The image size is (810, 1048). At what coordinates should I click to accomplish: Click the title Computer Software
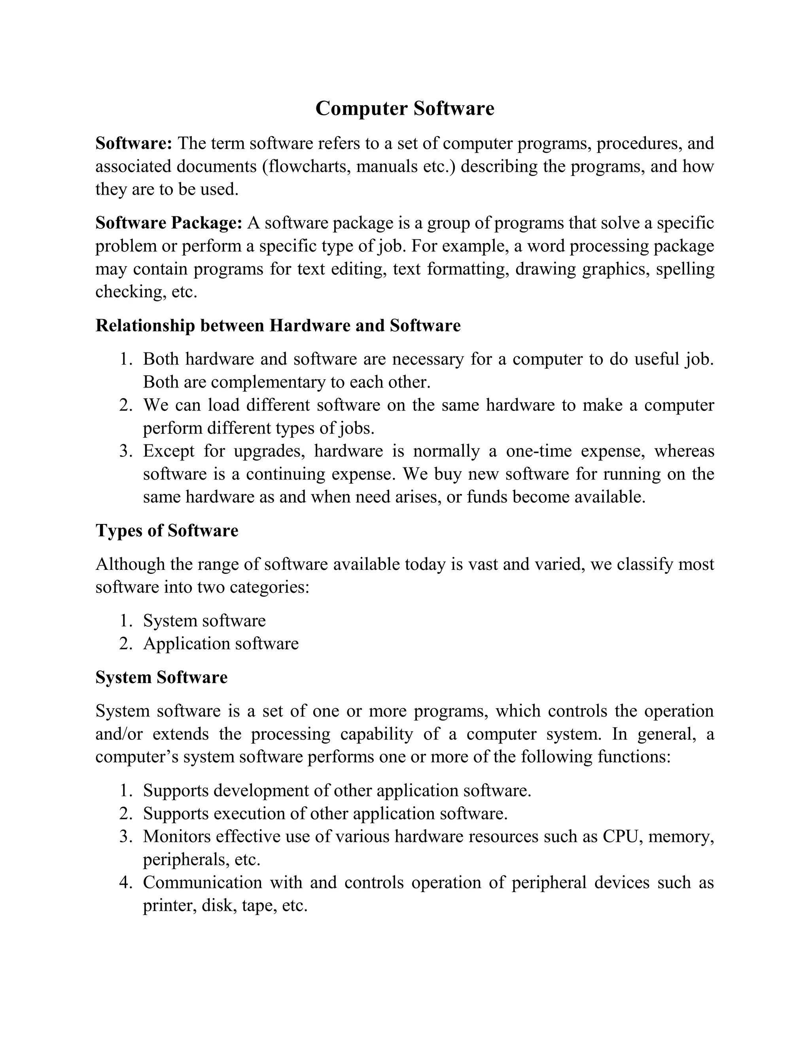pyautogui.click(x=405, y=108)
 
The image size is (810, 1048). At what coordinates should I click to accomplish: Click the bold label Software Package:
pyautogui.click(x=168, y=223)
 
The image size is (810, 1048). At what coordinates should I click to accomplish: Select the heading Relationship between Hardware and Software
pyautogui.click(x=278, y=326)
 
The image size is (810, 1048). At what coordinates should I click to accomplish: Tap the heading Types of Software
pyautogui.click(x=167, y=531)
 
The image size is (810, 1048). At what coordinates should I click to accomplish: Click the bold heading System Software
pyautogui.click(x=161, y=677)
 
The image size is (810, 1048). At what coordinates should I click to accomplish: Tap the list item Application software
pyautogui.click(x=221, y=644)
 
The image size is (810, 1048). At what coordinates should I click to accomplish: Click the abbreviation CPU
pyautogui.click(x=617, y=836)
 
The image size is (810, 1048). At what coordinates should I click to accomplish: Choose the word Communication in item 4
pyautogui.click(x=202, y=882)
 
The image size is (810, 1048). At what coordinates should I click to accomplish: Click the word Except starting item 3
pyautogui.click(x=168, y=451)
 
